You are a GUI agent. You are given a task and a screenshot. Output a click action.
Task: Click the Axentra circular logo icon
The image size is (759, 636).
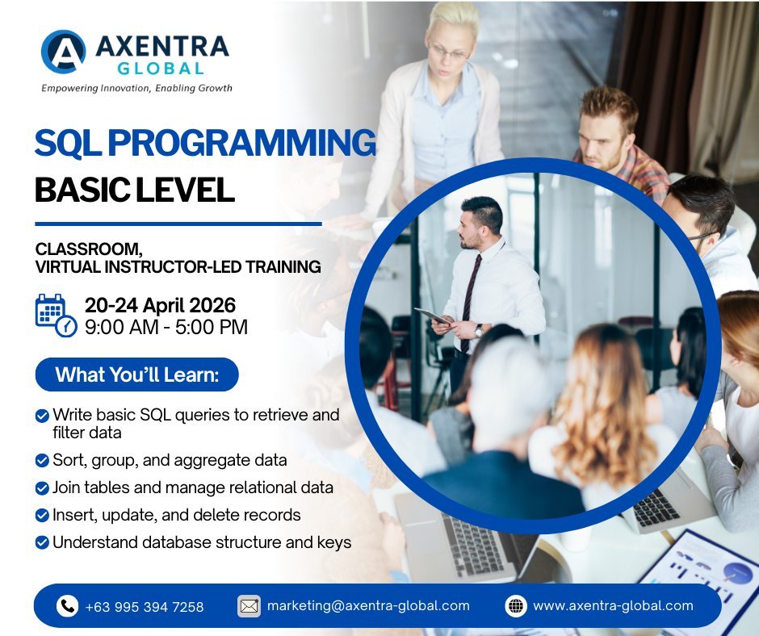click(63, 52)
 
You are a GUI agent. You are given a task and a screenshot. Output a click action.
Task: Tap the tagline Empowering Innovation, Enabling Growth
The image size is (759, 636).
click(136, 88)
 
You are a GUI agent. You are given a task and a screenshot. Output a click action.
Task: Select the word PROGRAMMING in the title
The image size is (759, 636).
click(242, 144)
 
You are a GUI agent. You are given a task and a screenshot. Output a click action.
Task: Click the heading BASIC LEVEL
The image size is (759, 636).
click(134, 189)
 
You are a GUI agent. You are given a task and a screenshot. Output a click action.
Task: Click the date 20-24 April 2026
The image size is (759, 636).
click(160, 305)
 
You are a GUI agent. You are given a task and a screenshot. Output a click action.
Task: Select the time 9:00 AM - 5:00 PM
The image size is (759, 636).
click(166, 327)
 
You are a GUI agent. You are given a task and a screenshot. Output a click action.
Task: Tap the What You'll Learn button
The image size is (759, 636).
click(136, 374)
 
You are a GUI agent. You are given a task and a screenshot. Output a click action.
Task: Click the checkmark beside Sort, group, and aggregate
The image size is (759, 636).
click(42, 461)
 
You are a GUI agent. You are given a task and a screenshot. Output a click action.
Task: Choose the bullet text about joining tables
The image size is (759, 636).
click(192, 487)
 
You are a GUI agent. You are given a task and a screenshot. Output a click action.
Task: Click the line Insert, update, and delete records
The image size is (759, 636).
click(176, 515)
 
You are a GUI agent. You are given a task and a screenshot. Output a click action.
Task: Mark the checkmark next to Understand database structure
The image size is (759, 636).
click(42, 543)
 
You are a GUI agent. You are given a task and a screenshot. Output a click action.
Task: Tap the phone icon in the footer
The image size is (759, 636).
click(67, 606)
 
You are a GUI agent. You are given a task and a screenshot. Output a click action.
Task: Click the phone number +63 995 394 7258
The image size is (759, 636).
click(144, 606)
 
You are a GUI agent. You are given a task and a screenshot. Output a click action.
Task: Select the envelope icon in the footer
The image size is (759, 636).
click(249, 606)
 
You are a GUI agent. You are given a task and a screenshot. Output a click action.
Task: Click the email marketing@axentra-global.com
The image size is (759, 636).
click(367, 605)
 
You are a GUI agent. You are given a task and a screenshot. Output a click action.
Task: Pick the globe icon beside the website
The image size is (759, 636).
click(516, 606)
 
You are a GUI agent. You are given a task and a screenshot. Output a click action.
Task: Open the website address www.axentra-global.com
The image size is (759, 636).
click(613, 605)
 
